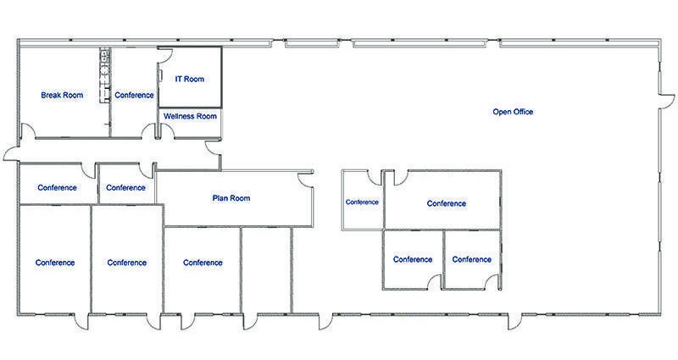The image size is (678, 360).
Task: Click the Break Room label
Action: (x=62, y=95)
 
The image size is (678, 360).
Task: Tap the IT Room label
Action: (x=189, y=79)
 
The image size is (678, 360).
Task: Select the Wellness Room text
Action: (x=191, y=116)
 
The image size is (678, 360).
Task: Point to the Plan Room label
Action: (x=231, y=198)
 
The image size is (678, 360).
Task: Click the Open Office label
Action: (x=513, y=112)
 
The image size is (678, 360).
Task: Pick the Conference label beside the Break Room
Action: (x=134, y=95)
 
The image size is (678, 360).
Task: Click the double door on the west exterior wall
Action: (x=11, y=153)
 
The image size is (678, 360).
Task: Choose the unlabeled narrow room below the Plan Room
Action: (x=266, y=269)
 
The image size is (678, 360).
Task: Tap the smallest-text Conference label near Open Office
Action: (x=362, y=202)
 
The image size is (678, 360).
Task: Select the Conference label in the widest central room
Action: (x=446, y=203)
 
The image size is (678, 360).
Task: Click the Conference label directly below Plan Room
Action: (x=203, y=263)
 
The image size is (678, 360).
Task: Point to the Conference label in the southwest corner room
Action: (x=55, y=263)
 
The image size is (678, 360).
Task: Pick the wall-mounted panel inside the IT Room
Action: (x=159, y=76)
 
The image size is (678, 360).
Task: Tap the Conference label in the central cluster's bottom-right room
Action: (x=471, y=259)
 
